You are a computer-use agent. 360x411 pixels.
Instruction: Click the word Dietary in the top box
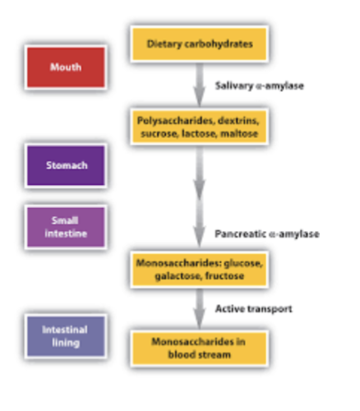click(165, 44)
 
